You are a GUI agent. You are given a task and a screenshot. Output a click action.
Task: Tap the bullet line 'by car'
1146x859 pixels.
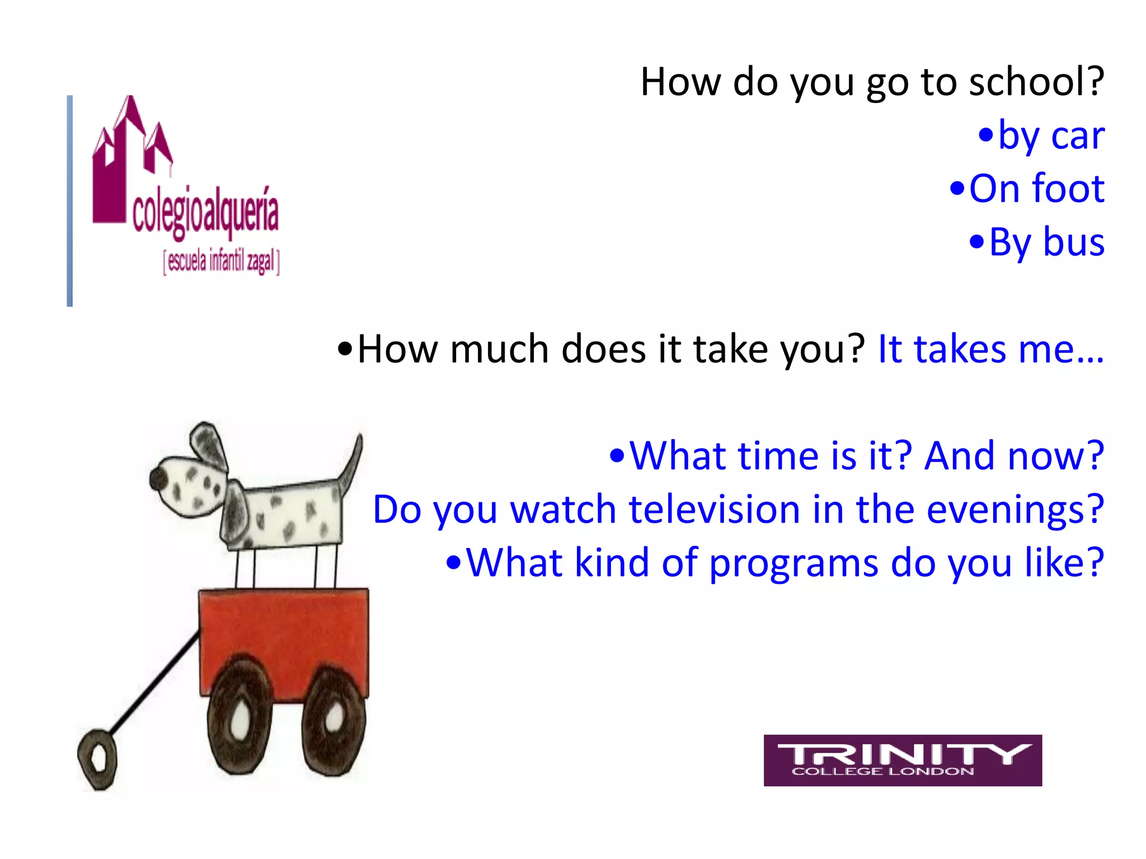tap(1041, 136)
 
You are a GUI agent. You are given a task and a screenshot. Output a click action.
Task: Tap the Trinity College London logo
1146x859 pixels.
tap(902, 760)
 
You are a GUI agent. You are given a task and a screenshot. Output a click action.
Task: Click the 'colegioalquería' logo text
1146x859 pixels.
tap(205, 213)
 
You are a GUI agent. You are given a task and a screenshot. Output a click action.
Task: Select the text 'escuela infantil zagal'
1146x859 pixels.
tap(221, 261)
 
